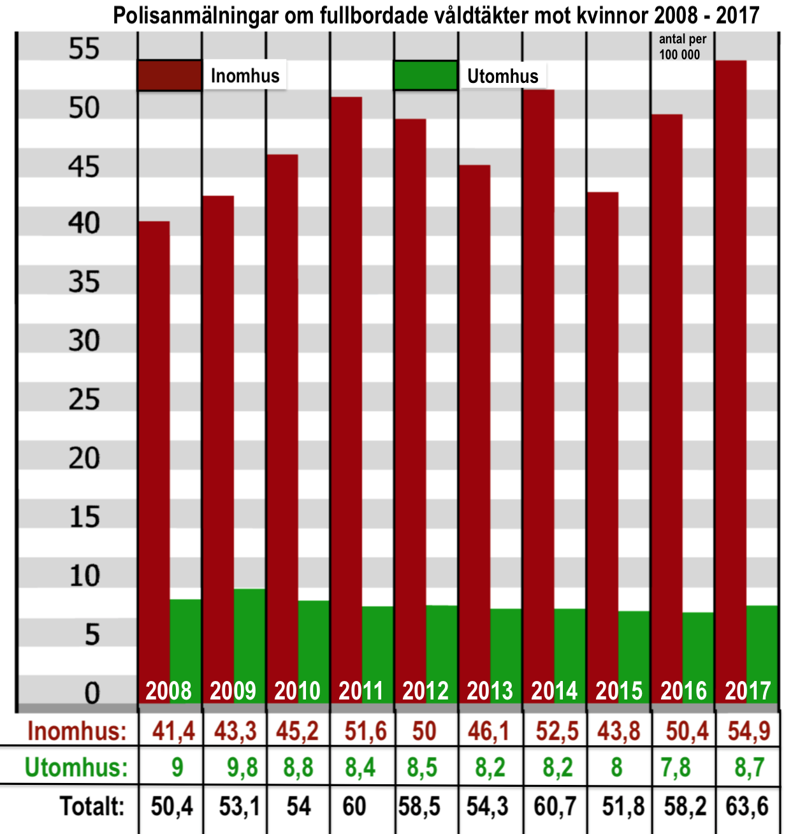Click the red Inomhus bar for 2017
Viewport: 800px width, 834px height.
(x=731, y=370)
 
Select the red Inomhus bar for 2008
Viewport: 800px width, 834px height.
(x=154, y=446)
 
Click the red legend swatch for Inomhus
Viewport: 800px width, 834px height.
(x=170, y=75)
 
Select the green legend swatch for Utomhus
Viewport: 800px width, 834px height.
(x=425, y=76)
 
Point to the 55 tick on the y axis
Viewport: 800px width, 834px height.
(x=84, y=48)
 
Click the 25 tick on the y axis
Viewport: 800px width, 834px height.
(x=84, y=400)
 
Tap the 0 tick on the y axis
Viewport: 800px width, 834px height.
(x=92, y=692)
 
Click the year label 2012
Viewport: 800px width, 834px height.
(x=425, y=691)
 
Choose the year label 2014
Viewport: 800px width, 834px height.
(x=554, y=691)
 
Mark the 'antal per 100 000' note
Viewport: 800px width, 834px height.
(x=682, y=47)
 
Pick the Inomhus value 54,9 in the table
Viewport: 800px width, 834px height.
(x=749, y=731)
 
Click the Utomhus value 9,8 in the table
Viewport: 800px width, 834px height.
(x=242, y=768)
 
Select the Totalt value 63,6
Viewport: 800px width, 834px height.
(x=747, y=807)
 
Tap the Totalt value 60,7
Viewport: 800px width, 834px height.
(x=555, y=807)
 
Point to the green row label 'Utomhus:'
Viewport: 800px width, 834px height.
(x=76, y=768)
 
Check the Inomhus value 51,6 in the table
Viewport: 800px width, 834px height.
(x=365, y=731)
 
